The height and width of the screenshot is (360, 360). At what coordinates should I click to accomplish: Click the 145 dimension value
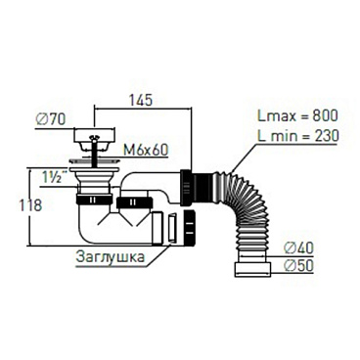pos(142,100)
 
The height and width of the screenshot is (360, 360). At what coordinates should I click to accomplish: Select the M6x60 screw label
pos(146,151)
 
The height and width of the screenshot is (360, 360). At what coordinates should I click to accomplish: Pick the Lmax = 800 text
pos(297,115)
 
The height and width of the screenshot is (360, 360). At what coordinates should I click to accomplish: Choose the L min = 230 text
pos(297,135)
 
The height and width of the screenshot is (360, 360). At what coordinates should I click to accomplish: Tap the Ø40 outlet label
pos(298,248)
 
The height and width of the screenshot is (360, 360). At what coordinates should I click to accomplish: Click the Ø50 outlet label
pos(298,266)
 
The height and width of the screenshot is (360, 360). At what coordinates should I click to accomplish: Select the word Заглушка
pos(110,256)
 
